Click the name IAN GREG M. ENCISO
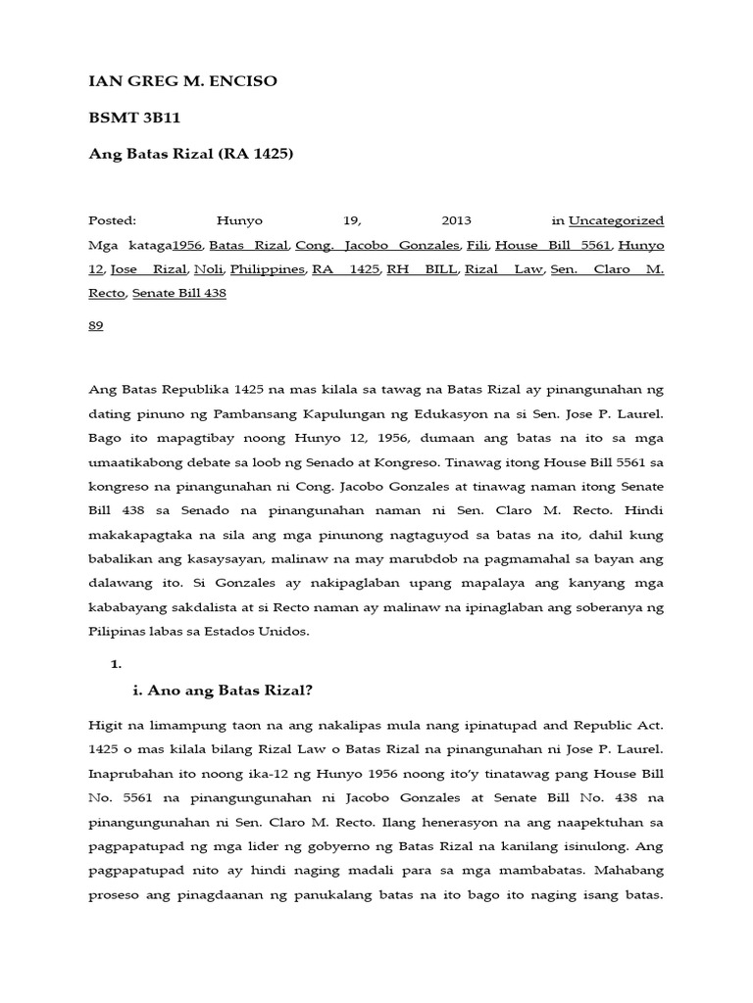[x=182, y=81]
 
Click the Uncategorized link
[x=616, y=220]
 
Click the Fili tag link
[x=477, y=245]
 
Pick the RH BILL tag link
[x=422, y=269]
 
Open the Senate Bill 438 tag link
[x=179, y=293]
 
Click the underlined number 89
[x=96, y=326]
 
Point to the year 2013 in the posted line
[x=457, y=220]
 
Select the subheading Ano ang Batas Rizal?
[x=223, y=691]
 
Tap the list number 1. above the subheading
[x=116, y=664]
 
